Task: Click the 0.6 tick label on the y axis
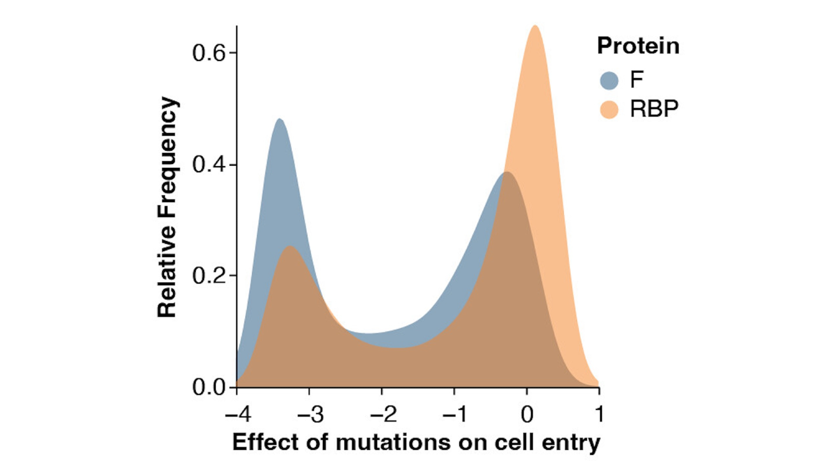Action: click(x=209, y=53)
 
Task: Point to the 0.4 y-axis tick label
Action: click(x=209, y=165)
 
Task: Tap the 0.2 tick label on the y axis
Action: click(x=209, y=276)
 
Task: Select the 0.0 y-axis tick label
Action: click(x=209, y=387)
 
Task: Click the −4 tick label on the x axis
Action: click(x=238, y=414)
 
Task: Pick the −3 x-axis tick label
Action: click(x=310, y=414)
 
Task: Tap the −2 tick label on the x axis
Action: click(x=383, y=414)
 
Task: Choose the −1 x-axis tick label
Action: click(x=455, y=414)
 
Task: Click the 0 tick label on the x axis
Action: click(x=527, y=414)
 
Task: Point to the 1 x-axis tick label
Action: click(x=600, y=414)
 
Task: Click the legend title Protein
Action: click(x=638, y=46)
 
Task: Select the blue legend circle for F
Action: click(x=609, y=80)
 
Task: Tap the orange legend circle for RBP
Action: click(x=609, y=110)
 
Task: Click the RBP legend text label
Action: click(x=654, y=109)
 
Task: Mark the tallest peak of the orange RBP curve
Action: click(x=535, y=26)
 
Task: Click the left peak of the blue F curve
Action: click(x=280, y=119)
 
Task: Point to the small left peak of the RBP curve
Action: click(x=290, y=246)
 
